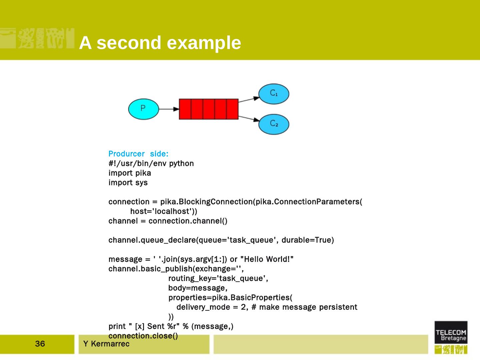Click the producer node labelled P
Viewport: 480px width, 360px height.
pyautogui.click(x=143, y=109)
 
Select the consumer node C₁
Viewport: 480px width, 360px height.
pyautogui.click(x=274, y=94)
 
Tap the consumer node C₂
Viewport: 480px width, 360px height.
pyautogui.click(x=274, y=124)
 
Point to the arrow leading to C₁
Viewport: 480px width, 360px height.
pyautogui.click(x=249, y=99)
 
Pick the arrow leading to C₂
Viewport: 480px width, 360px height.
pyautogui.click(x=249, y=118)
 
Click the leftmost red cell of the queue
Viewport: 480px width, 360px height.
pyautogui.click(x=185, y=109)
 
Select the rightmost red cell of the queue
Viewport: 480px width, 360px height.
pyautogui.click(x=232, y=109)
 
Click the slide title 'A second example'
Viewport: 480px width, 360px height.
pyautogui.click(x=160, y=43)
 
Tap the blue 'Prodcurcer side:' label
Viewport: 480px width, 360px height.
pyautogui.click(x=138, y=154)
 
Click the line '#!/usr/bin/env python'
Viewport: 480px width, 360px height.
pyautogui.click(x=151, y=163)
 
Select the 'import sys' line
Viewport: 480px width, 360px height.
pyautogui.click(x=128, y=183)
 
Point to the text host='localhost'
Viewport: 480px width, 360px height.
pyautogui.click(x=163, y=211)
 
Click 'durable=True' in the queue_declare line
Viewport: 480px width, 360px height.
pyautogui.click(x=307, y=240)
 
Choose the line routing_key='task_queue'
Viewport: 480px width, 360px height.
pyautogui.click(x=218, y=278)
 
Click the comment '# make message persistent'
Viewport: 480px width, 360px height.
pyautogui.click(x=304, y=307)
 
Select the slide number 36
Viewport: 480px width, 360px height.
pyautogui.click(x=40, y=344)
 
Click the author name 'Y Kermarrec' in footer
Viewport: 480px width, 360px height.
pyautogui.click(x=106, y=344)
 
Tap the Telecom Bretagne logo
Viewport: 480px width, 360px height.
pyautogui.click(x=451, y=337)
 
